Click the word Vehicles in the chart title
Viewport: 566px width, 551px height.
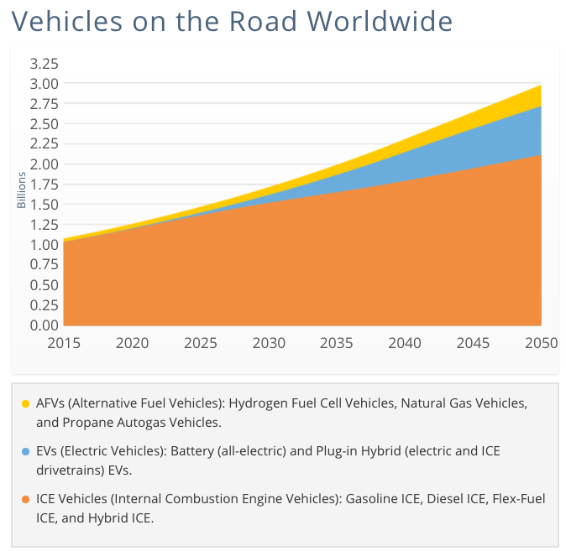(60, 20)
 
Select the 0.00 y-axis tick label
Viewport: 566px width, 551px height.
(44, 325)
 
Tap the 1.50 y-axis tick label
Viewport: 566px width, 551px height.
(44, 204)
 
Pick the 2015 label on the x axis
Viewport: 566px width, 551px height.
(64, 343)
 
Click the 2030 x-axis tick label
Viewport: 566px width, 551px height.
(268, 343)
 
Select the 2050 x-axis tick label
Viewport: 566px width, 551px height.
(540, 343)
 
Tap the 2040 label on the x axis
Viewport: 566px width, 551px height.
(404, 343)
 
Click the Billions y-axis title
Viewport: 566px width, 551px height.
(21, 190)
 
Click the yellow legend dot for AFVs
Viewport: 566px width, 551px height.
(25, 404)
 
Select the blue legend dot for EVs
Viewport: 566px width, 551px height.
(25, 452)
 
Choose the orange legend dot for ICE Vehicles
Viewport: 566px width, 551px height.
(25, 500)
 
